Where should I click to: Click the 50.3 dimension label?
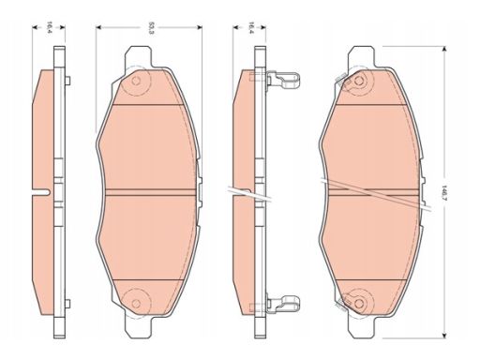coord(151,28)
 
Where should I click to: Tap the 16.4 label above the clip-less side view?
coord(49,27)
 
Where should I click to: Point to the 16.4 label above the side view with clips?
coord(249,27)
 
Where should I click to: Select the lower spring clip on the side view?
coord(283,302)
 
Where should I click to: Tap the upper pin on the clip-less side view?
coord(68,81)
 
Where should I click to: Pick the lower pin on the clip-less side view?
coord(68,303)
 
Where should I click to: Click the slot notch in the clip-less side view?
coord(41,192)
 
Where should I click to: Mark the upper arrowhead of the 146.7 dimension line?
coord(443,49)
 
